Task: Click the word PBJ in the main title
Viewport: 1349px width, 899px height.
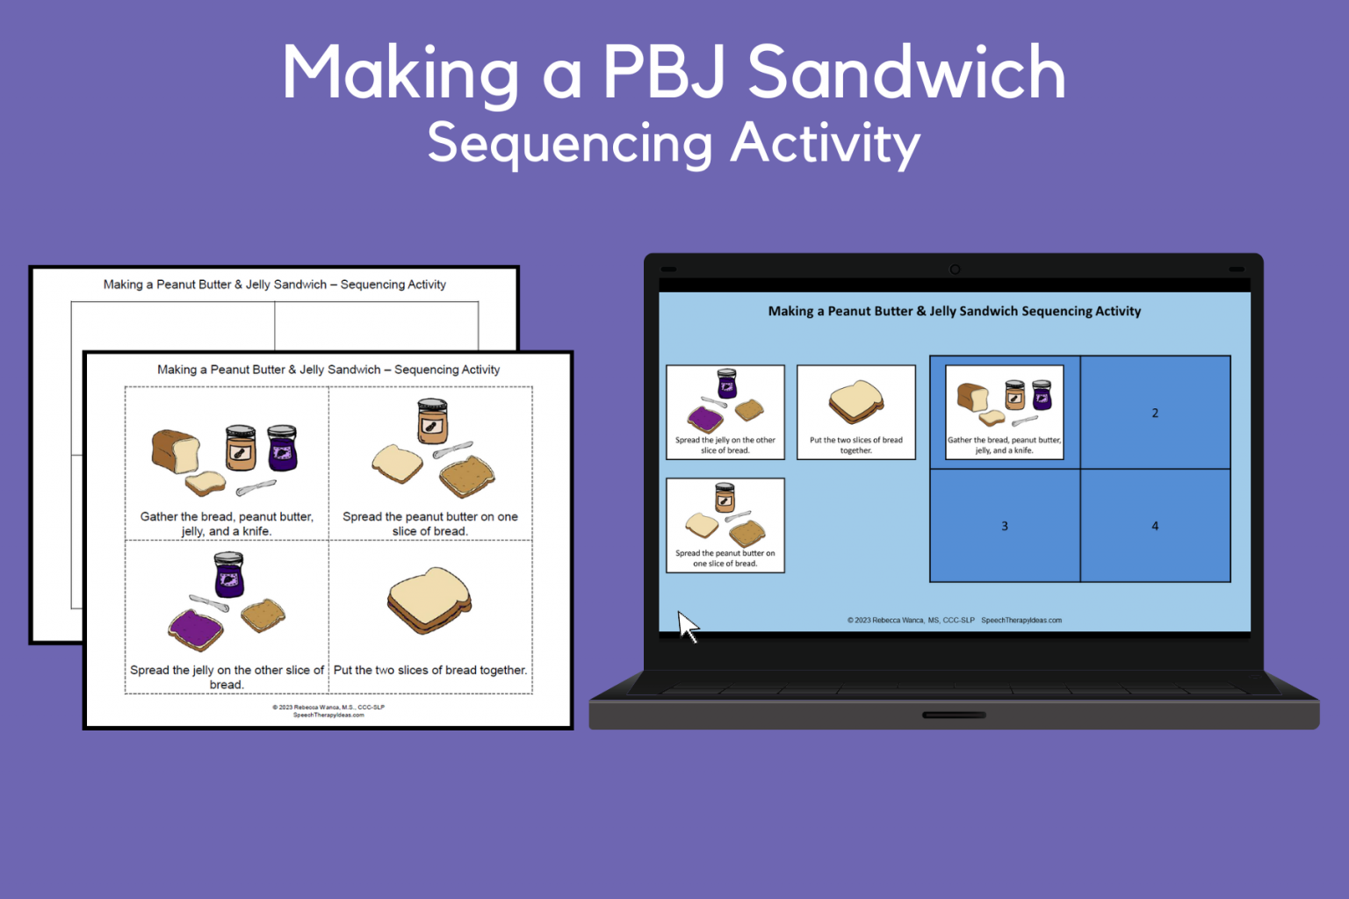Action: (x=664, y=74)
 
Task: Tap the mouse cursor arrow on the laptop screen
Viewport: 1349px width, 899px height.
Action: (x=687, y=625)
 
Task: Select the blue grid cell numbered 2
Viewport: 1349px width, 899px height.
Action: (x=1155, y=413)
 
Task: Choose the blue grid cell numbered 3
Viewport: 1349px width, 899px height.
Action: (x=1005, y=526)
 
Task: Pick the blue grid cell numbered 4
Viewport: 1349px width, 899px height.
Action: (x=1155, y=526)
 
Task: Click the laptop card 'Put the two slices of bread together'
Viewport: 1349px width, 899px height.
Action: (x=855, y=413)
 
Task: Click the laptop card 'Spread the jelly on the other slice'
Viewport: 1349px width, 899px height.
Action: (x=725, y=413)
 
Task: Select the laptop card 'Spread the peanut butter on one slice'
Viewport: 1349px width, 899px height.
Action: (x=725, y=525)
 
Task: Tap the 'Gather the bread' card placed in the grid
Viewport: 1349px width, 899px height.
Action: (x=1004, y=413)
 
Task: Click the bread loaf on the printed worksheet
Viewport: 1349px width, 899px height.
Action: (x=175, y=451)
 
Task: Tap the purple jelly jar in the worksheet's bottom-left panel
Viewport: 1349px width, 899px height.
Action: (x=228, y=575)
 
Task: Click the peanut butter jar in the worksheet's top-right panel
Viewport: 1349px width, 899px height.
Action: (x=432, y=421)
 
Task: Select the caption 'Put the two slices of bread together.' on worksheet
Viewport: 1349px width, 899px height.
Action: (x=430, y=671)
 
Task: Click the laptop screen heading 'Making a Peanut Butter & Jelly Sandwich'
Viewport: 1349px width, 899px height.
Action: (x=954, y=311)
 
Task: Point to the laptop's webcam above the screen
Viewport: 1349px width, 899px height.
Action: (x=955, y=270)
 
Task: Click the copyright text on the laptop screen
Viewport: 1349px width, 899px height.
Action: (x=954, y=620)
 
